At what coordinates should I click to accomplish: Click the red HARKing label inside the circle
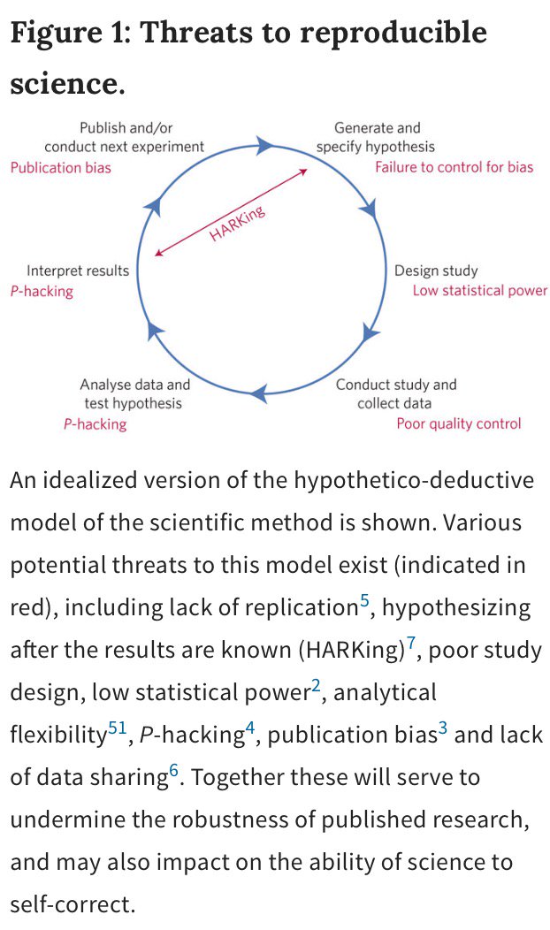(238, 223)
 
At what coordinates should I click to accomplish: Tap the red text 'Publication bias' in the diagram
(61, 166)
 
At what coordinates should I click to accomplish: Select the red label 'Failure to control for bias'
(454, 166)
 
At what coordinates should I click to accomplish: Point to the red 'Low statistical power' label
(479, 291)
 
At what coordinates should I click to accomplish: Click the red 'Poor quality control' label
(458, 423)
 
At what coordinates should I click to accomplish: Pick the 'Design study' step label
(436, 271)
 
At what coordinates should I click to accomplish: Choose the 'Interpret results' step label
(78, 271)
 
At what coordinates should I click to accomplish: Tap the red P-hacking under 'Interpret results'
(42, 291)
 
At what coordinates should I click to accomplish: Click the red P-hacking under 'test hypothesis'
(95, 423)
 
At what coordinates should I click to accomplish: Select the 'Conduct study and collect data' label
(396, 394)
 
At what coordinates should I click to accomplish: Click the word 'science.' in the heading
(67, 83)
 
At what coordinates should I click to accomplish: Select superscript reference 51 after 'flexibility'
(118, 728)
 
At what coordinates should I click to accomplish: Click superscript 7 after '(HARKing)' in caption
(411, 642)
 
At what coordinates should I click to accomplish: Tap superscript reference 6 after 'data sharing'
(174, 770)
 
